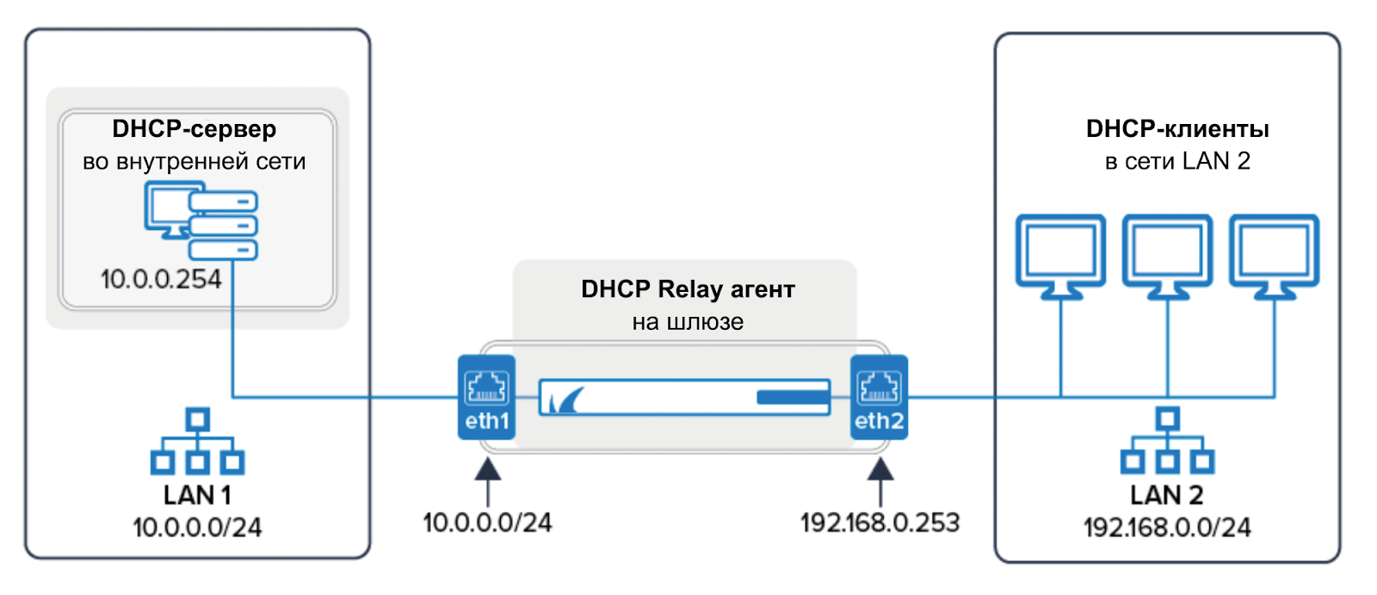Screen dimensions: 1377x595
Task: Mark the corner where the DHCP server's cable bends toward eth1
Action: click(233, 397)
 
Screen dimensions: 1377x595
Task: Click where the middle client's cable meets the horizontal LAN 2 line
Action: click(1167, 397)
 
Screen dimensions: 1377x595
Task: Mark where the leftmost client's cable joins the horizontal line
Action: click(1061, 397)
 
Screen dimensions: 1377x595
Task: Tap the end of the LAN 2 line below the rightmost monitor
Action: click(1275, 397)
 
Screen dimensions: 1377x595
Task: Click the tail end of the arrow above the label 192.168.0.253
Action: click(881, 506)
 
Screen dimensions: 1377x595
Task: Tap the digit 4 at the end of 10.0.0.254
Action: click(214, 279)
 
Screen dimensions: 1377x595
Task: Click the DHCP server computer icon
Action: click(201, 220)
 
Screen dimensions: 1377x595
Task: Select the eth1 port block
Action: click(487, 397)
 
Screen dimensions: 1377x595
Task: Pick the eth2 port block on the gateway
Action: click(879, 397)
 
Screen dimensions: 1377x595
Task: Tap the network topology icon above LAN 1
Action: click(197, 441)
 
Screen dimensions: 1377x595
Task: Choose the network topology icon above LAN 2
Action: click(1167, 441)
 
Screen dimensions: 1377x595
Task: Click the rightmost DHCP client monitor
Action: click(1275, 257)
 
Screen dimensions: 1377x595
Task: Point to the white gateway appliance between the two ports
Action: click(685, 397)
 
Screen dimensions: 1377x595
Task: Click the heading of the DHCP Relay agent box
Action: click(688, 289)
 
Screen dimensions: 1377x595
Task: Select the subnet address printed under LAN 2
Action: click(1167, 527)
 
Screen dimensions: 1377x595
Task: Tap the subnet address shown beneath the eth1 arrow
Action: click(487, 523)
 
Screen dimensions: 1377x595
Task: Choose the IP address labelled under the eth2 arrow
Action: click(880, 523)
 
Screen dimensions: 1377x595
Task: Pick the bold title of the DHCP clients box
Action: click(1177, 128)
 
